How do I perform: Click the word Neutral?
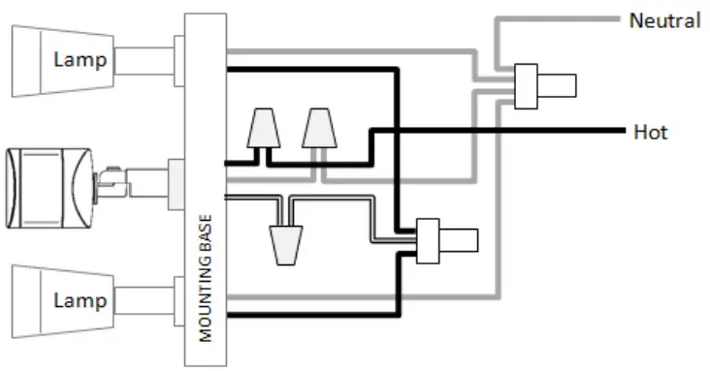coord(664,20)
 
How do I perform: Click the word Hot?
coord(649,132)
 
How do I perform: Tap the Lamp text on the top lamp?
coord(80,60)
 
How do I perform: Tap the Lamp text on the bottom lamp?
coord(80,301)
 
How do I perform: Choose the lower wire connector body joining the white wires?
coord(428,241)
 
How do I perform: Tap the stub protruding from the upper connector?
coord(557,85)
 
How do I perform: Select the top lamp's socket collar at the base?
coord(180,59)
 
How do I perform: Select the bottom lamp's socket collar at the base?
coord(180,300)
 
